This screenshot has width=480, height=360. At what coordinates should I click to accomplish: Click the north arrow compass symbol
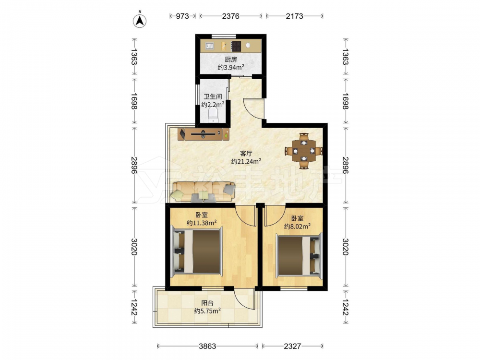click(140, 21)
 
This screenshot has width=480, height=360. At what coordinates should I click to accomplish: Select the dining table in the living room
click(303, 151)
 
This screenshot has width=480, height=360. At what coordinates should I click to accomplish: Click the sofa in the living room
click(203, 192)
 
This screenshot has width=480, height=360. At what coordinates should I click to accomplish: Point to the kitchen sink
click(210, 46)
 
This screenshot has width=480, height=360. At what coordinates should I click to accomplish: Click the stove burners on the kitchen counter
click(236, 46)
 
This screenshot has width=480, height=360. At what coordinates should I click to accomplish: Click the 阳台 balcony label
click(207, 303)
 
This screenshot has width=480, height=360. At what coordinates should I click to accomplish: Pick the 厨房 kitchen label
click(231, 60)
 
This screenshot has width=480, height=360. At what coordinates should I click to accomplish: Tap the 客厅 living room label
click(246, 154)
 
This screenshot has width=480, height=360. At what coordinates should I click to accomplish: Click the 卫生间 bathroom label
click(213, 96)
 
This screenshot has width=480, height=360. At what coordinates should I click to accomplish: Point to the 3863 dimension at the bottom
click(207, 346)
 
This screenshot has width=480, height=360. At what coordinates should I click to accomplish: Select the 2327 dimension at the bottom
click(292, 346)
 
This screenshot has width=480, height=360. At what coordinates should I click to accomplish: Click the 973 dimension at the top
click(182, 16)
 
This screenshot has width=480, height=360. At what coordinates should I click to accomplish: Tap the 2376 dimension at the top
click(230, 16)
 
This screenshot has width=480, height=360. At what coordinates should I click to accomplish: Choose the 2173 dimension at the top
click(295, 16)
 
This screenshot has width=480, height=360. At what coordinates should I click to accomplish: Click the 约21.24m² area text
click(246, 161)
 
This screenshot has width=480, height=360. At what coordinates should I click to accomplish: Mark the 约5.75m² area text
click(207, 311)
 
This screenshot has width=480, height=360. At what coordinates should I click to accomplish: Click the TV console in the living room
click(203, 134)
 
